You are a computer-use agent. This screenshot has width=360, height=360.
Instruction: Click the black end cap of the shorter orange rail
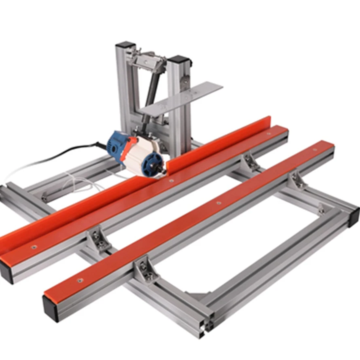point(51,308)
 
